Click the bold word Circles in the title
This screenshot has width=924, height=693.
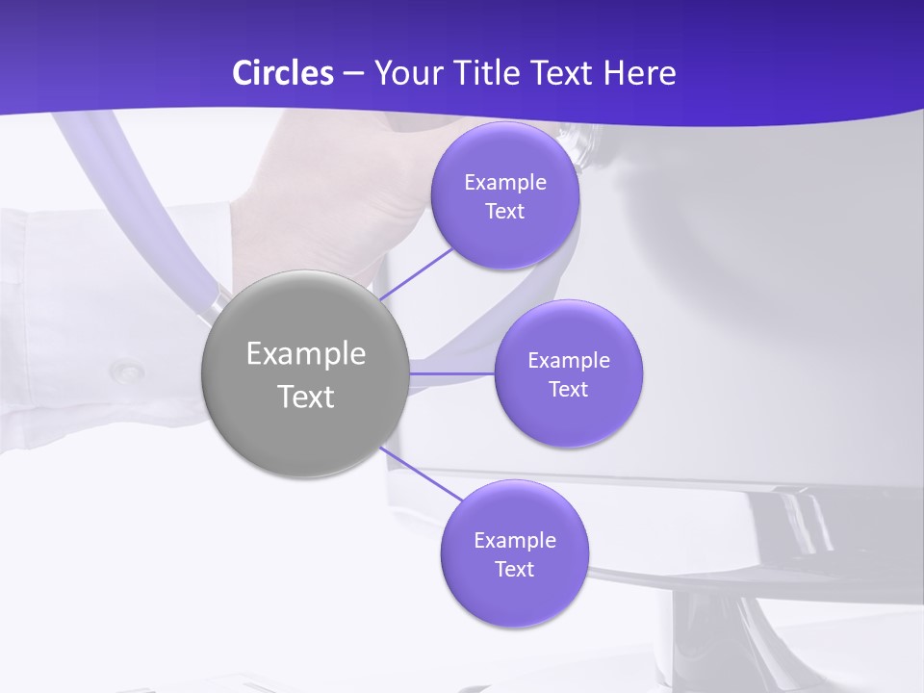tap(283, 73)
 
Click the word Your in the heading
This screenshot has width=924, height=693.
tap(404, 73)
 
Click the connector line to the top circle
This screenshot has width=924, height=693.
tap(416, 273)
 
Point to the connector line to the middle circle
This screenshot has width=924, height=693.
tap(452, 372)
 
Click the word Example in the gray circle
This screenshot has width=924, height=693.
tap(306, 354)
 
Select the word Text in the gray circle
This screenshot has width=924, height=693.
tap(306, 397)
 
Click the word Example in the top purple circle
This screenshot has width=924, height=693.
tap(505, 183)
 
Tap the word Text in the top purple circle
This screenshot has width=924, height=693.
tap(505, 212)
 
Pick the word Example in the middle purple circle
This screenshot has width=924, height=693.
tap(569, 361)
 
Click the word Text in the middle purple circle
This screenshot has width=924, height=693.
tap(569, 390)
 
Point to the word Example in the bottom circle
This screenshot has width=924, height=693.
tap(515, 541)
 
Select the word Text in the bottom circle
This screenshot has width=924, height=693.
tap(515, 570)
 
